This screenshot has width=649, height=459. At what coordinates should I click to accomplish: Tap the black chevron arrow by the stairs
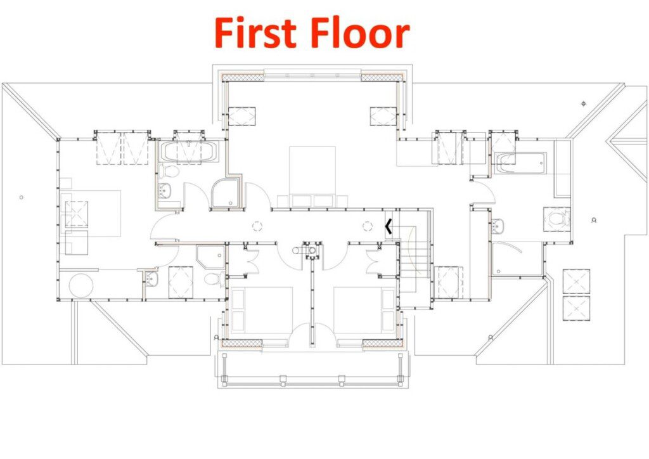pos(388,226)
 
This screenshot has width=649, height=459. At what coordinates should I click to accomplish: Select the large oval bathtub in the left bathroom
pos(188,152)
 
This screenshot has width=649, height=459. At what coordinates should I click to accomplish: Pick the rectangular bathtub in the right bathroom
pos(520,163)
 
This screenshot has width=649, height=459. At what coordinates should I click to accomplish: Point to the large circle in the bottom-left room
pos(81,285)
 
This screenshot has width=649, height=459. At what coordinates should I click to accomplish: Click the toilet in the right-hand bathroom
pos(558,217)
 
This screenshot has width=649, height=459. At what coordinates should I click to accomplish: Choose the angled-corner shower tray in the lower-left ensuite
pos(210,257)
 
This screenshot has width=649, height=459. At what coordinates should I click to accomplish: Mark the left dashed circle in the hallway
pos(257,226)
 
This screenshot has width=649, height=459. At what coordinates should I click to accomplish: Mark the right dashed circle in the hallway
pos(368,226)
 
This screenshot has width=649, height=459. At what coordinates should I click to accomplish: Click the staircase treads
pos(414,261)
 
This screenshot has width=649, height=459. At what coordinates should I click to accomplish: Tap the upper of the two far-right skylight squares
pos(576,281)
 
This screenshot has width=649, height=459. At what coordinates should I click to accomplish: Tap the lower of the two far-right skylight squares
pos(576,308)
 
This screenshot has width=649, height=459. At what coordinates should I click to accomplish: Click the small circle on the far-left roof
pos(22,197)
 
